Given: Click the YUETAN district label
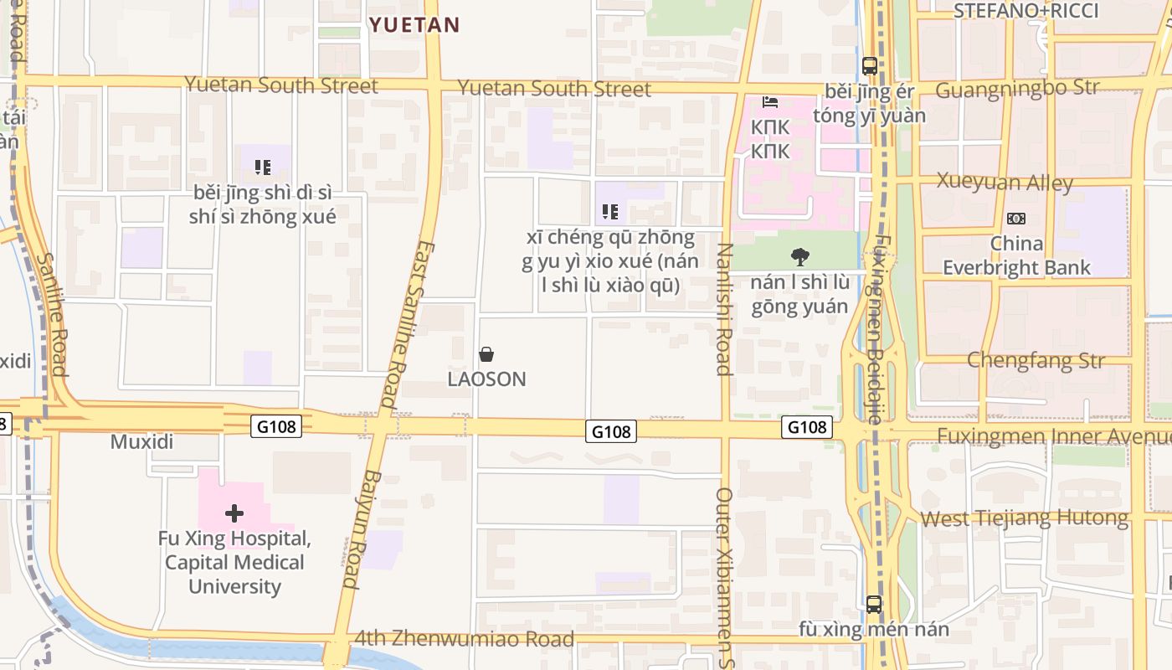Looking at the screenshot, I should click(414, 25).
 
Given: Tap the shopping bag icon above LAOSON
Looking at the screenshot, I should click(486, 354).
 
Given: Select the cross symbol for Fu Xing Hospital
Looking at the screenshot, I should click(234, 513).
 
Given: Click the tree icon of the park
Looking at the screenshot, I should click(799, 256).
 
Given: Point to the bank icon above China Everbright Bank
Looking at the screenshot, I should click(1015, 219).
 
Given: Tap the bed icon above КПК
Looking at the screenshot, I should click(770, 103).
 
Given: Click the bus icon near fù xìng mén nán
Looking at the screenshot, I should click(874, 604).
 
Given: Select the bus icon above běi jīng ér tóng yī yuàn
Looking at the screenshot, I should click(870, 65).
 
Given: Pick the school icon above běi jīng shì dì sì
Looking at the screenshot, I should click(263, 167).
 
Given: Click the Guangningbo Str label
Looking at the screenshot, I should click(1005, 89).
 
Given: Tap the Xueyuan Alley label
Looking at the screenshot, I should click(1005, 182).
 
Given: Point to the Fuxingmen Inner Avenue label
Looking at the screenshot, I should click(1053, 436).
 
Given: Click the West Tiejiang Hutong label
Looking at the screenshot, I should click(1024, 518).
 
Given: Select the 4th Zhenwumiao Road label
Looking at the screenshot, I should click(465, 639).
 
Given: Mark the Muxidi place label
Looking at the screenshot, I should click(141, 441).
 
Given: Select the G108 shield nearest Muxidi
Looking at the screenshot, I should click(275, 426).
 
